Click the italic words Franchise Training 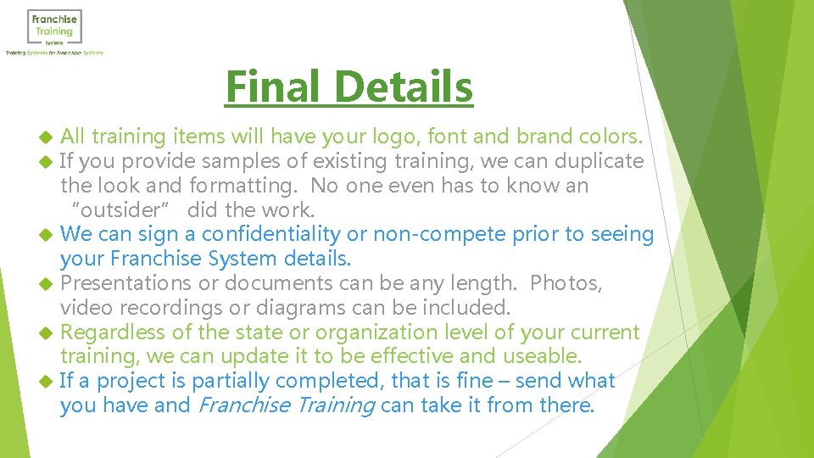(286, 405)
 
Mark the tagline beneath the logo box (54, 53)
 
